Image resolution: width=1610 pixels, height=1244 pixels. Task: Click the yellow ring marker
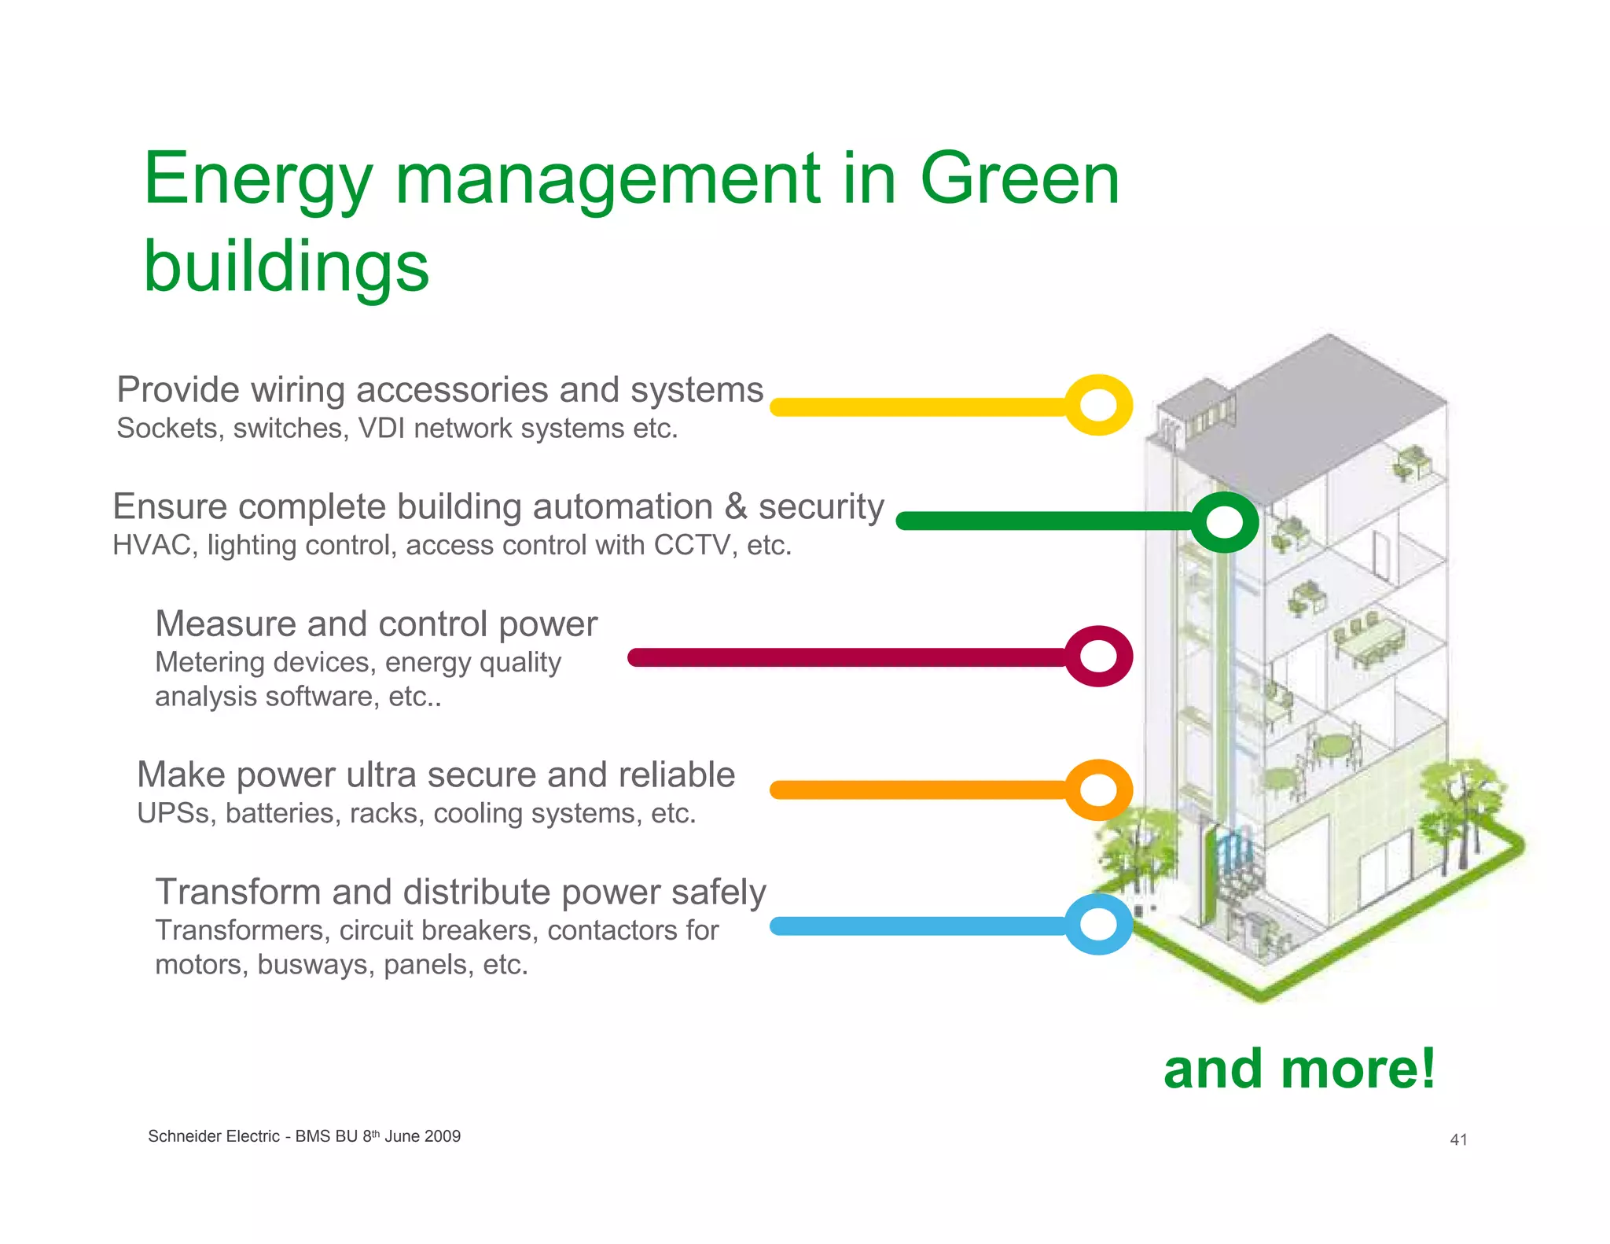(x=1098, y=405)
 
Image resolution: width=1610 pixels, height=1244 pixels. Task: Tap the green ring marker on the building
(x=1224, y=522)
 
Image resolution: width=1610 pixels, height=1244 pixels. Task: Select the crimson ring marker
(x=1098, y=656)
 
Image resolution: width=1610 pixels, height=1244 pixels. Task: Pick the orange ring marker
(x=1098, y=789)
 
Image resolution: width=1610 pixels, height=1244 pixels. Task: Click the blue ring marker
(x=1098, y=925)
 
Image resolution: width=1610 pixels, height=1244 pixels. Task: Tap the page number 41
(x=1458, y=1139)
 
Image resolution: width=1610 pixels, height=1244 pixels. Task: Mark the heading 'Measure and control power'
(x=376, y=624)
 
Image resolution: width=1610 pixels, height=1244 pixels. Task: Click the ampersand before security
(x=736, y=506)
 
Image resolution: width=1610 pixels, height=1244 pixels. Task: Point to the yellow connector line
(x=920, y=407)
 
